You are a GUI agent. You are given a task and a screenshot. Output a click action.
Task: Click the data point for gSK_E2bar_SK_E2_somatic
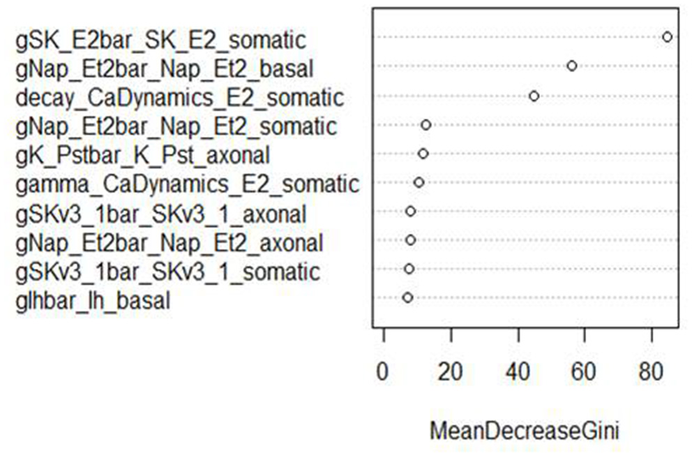667,37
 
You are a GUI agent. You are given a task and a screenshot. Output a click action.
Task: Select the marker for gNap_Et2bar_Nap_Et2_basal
572,66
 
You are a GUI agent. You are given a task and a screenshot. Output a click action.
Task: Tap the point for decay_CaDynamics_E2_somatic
534,96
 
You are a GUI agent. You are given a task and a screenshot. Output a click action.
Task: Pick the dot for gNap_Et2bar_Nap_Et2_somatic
426,124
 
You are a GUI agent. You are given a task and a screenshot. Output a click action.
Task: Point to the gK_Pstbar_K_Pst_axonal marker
423,154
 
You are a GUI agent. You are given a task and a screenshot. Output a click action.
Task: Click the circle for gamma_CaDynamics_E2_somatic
419,182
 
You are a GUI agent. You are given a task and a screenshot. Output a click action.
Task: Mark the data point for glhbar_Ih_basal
408,297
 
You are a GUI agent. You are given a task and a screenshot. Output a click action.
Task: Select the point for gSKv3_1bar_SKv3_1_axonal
410,211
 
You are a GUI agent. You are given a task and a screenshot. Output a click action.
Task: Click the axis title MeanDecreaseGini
524,432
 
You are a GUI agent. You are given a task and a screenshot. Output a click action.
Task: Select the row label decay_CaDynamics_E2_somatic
179,97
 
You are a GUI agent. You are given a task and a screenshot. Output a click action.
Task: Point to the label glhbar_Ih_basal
93,301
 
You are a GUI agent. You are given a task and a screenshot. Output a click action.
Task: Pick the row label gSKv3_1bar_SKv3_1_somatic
167,271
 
